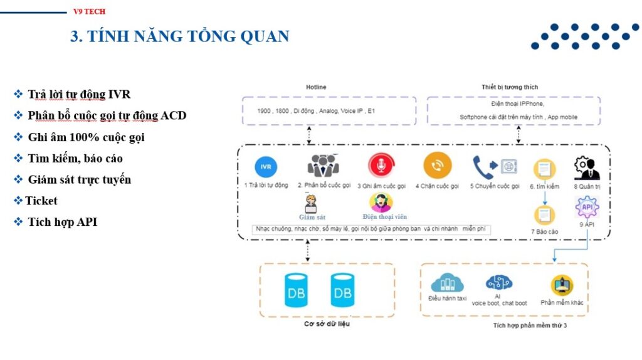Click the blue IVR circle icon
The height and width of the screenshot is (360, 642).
click(266, 167)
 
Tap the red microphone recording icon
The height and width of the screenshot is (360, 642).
click(379, 166)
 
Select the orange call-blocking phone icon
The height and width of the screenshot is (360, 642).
click(437, 166)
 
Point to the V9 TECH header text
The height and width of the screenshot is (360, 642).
click(90, 11)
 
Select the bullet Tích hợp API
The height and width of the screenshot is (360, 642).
click(62, 221)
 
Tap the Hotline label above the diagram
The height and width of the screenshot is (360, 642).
click(316, 87)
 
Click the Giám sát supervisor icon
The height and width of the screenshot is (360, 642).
click(310, 204)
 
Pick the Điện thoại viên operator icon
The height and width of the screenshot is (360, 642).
click(381, 203)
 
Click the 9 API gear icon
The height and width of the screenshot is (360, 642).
click(587, 207)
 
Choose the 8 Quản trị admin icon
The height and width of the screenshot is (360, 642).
click(587, 168)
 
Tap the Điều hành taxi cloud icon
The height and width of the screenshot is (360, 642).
click(447, 283)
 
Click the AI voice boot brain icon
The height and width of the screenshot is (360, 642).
click(498, 283)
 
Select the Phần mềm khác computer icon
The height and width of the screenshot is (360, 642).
click(562, 285)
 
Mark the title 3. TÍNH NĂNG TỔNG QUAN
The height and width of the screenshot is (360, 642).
click(180, 36)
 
